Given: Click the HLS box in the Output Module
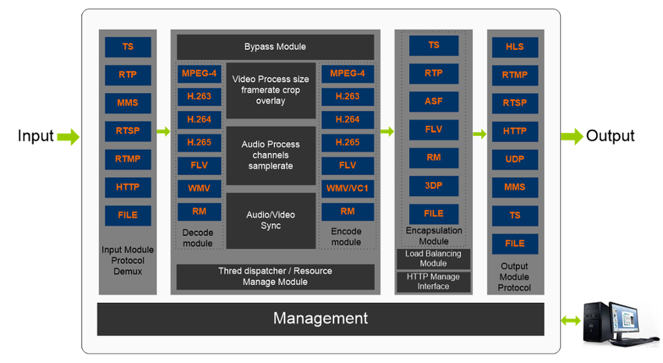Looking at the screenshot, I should pos(515,47).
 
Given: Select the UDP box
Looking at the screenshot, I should pos(515,159).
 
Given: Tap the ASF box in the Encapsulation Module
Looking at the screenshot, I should pos(433,101).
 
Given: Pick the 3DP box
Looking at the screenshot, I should pos(433,186).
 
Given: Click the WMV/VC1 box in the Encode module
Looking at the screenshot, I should pos(347,188).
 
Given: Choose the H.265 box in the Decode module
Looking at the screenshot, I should pos(199,142).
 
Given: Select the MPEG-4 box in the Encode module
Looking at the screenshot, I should pos(347,74).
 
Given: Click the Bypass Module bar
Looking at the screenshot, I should pos(275,47).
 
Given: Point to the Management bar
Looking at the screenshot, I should pos(320,318).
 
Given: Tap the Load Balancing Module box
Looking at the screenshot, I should pos(433,259).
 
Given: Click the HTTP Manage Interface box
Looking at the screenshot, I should pos(433,282).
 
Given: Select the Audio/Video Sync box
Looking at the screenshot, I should pos(271,220).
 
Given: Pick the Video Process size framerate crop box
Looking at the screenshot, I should pos(271,90).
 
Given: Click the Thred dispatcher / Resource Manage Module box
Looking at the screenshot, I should pos(275,277).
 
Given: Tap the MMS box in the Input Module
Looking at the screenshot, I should pos(128,103).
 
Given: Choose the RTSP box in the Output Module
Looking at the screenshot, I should pos(515,103).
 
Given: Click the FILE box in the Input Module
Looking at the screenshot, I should pos(128,215).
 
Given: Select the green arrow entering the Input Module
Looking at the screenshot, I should pos(67,137).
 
